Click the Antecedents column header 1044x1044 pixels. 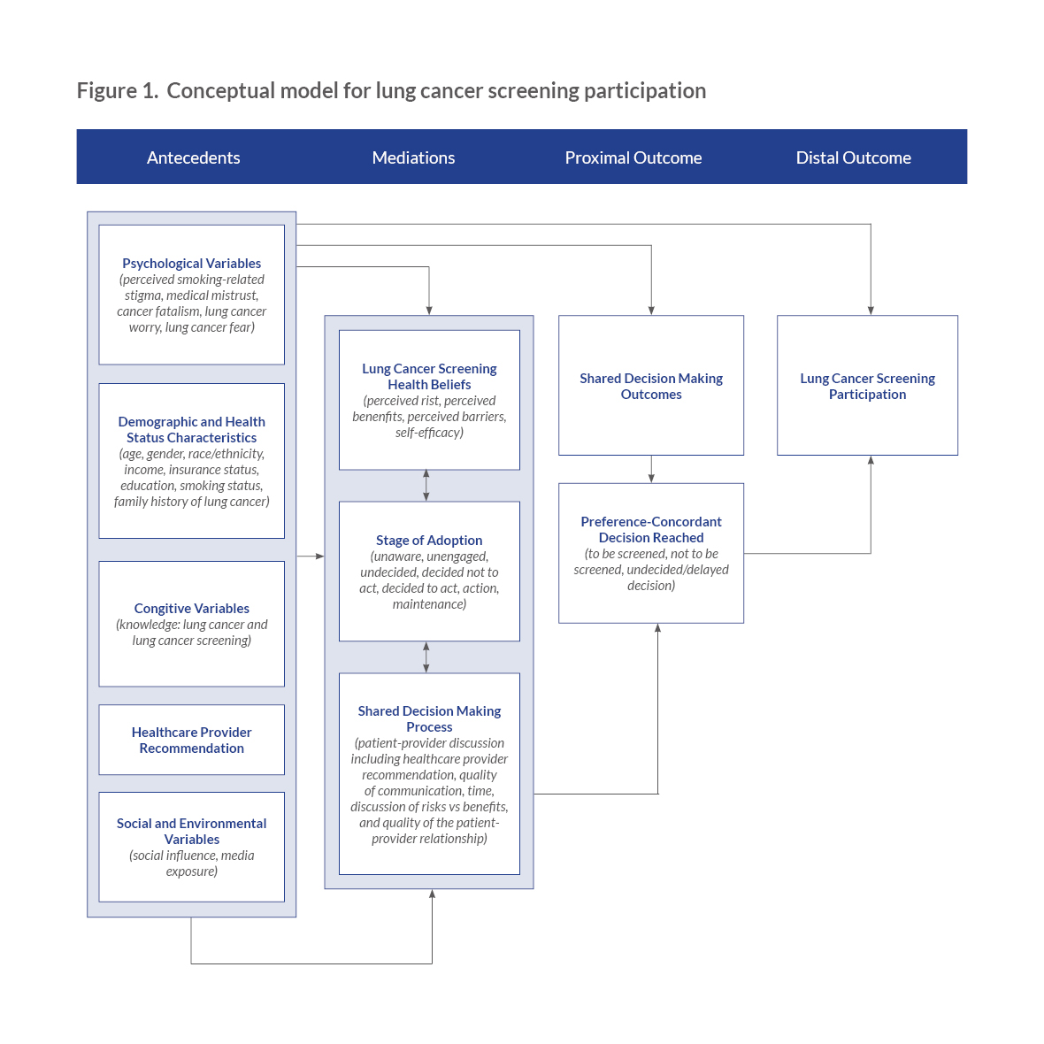193,157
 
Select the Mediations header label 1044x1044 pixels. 413,157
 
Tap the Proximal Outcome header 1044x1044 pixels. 633,157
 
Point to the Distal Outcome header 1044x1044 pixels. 854,157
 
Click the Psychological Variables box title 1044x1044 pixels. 192,264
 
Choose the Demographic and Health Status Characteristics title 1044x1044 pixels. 192,429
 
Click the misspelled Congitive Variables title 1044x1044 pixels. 192,609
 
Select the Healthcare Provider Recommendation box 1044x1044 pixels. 192,740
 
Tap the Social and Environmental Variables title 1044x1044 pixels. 192,831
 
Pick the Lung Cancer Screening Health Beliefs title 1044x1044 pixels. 429,376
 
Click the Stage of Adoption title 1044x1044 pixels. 429,541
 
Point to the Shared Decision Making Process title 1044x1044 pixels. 429,719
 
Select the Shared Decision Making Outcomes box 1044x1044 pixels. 651,386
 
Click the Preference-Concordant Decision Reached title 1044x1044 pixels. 651,529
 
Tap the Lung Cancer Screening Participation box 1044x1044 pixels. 868,386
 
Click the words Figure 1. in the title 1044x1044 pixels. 118,90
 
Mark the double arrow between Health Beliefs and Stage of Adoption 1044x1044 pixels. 426,486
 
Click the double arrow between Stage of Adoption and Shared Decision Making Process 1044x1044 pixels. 426,657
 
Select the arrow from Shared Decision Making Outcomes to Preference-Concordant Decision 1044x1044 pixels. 651,470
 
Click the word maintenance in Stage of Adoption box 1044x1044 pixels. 429,604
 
